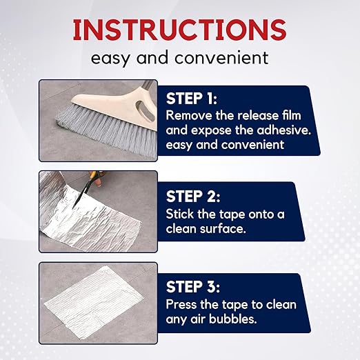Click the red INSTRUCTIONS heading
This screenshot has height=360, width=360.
(x=179, y=30)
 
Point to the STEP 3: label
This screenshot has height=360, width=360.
(x=197, y=287)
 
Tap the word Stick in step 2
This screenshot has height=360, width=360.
(x=181, y=212)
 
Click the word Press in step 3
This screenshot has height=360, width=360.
(x=183, y=304)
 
